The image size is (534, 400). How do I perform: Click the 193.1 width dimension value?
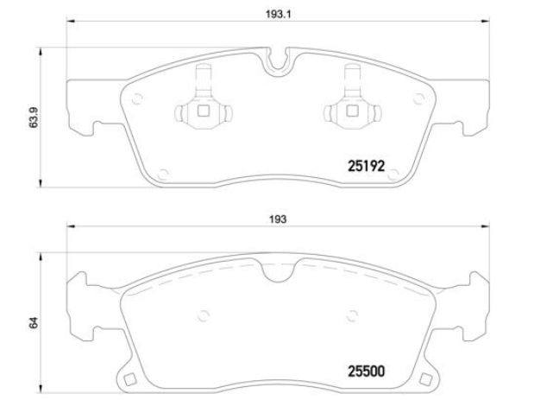[x=278, y=15]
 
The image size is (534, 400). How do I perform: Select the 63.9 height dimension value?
[x=34, y=117]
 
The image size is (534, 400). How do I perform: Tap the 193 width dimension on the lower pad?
[x=278, y=219]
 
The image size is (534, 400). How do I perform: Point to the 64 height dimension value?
[x=34, y=322]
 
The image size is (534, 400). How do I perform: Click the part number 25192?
[x=366, y=166]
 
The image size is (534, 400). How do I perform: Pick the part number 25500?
[x=366, y=371]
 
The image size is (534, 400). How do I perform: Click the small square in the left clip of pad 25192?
[x=204, y=111]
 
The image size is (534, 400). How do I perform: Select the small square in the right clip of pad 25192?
[x=352, y=111]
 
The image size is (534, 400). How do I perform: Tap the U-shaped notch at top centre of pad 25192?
[x=278, y=62]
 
